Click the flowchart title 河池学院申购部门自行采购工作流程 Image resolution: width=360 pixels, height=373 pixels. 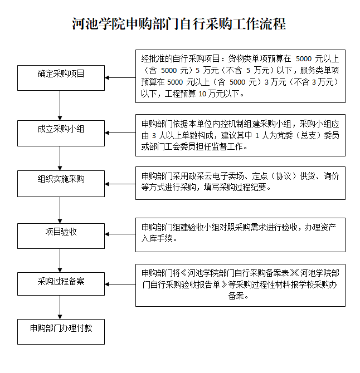179,25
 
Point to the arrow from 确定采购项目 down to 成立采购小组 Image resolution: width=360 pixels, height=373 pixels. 60,105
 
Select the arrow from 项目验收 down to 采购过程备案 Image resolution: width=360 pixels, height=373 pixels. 60,260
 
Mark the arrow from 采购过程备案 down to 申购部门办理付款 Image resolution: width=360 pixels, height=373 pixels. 60,307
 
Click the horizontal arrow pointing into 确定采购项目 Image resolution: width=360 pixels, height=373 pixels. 120,78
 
